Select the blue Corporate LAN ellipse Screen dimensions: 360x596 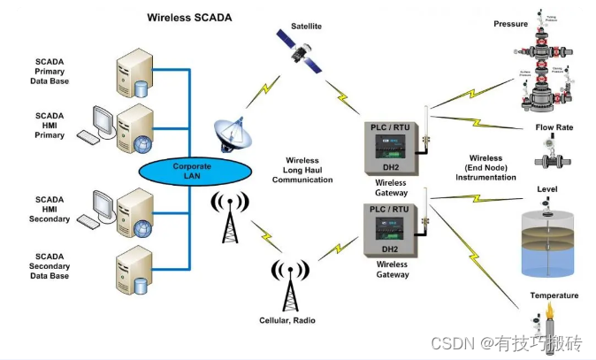point(192,171)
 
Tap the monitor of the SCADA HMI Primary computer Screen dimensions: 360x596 point(103,122)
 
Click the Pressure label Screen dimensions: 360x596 point(510,24)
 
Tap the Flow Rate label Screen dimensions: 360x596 point(554,127)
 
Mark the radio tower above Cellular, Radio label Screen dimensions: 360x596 point(289,284)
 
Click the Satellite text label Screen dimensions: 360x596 point(306,27)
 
